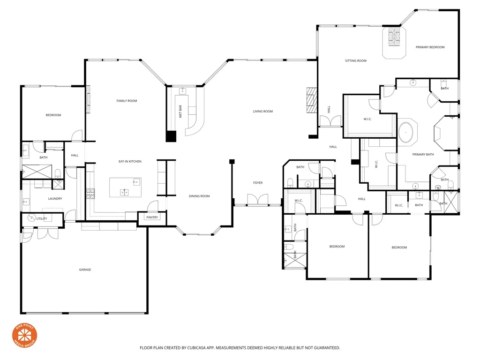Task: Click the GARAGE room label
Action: [85, 270]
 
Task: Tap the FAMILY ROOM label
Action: [127, 101]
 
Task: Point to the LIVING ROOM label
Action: [262, 112]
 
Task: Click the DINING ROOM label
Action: [199, 196]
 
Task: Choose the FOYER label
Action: [258, 183]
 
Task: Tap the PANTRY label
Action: [152, 217]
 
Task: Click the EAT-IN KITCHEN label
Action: [130, 162]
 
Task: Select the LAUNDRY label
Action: [55, 199]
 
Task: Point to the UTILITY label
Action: [42, 218]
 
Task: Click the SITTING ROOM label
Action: [356, 61]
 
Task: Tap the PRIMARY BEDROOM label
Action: [430, 47]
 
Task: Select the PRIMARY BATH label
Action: [423, 155]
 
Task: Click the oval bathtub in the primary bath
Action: [407, 133]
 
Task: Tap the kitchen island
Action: [125, 187]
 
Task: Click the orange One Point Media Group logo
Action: [24, 336]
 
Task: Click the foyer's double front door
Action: [258, 200]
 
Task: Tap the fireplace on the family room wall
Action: [88, 99]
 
